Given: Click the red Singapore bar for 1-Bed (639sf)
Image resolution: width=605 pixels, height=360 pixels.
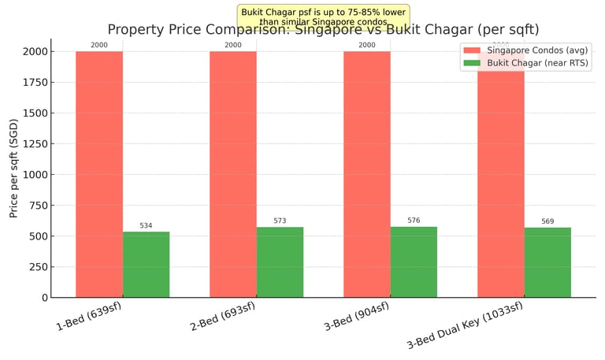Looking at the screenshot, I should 99,174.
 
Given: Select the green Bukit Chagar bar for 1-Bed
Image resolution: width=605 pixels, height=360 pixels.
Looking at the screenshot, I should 146,265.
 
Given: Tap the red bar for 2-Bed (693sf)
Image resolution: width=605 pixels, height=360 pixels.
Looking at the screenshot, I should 233,174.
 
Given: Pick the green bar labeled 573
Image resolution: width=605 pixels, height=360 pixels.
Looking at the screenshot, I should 280,262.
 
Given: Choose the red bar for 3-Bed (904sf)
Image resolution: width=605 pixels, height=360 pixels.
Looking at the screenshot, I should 367,174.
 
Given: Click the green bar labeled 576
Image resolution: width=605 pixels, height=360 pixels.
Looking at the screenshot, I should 414,262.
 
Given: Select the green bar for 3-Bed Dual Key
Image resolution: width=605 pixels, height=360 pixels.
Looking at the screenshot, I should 547,262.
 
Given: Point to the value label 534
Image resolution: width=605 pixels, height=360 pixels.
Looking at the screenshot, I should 146,226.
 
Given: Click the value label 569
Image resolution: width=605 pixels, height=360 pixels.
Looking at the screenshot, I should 547,221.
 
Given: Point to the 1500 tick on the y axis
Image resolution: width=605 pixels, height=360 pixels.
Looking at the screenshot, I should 38,113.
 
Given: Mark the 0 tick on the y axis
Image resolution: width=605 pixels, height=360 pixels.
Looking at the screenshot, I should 44,298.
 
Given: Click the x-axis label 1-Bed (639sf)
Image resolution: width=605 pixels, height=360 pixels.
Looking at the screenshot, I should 88,317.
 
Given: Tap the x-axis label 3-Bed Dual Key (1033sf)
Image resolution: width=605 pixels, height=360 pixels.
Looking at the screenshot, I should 465,325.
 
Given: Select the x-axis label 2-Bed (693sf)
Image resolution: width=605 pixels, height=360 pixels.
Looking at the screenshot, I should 222,317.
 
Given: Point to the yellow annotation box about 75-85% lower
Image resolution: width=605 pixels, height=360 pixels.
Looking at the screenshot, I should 324,16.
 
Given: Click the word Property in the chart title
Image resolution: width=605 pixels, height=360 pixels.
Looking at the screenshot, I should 135,30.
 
